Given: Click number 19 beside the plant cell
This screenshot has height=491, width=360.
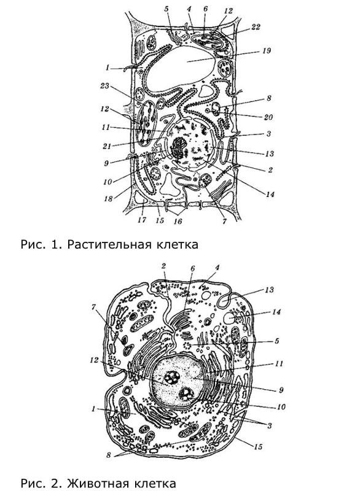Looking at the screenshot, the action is coord(266,51).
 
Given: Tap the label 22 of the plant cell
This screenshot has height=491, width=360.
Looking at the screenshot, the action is coord(256,27).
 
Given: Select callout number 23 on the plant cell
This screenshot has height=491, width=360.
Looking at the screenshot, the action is coord(104,86).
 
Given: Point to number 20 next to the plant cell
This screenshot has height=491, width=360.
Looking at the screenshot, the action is coord(268,117).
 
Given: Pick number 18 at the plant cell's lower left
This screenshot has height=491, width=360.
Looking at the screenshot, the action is coord(108,199).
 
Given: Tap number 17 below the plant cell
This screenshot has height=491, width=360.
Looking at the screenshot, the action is coord(142,220).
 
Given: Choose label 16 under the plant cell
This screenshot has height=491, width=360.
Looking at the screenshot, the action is coord(178,222).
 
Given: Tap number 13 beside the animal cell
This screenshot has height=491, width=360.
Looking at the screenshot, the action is coord(269,290).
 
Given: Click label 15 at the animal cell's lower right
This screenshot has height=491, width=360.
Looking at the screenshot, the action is coord(257,447).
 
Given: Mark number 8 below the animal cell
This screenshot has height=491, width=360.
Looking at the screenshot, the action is coord(108,455).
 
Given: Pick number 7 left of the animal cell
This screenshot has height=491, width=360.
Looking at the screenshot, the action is coord(93,307).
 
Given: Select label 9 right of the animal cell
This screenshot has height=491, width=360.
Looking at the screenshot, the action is coord(281,390).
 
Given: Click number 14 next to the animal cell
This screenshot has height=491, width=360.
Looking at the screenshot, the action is coord(276,312).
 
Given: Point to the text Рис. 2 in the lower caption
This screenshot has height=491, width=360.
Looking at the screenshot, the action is coord(40,482).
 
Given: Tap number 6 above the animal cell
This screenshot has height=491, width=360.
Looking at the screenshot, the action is coord(192,269).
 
